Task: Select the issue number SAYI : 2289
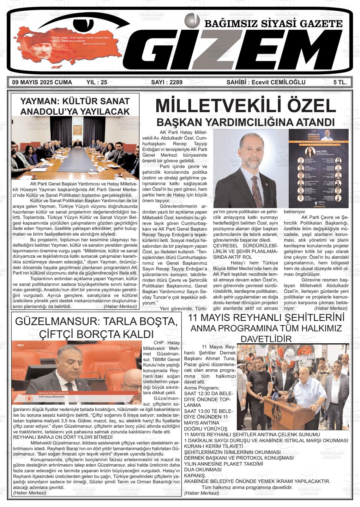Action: pos(167,82)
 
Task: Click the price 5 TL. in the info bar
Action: pos(340,82)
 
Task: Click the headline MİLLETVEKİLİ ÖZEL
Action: pos(246,106)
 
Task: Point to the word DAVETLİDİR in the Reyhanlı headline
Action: pos(266,339)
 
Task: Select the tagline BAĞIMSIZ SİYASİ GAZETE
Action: pos(273,24)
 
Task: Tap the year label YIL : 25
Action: pos(97,82)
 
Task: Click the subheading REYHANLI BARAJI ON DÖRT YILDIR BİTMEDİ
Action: pos(63,437)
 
